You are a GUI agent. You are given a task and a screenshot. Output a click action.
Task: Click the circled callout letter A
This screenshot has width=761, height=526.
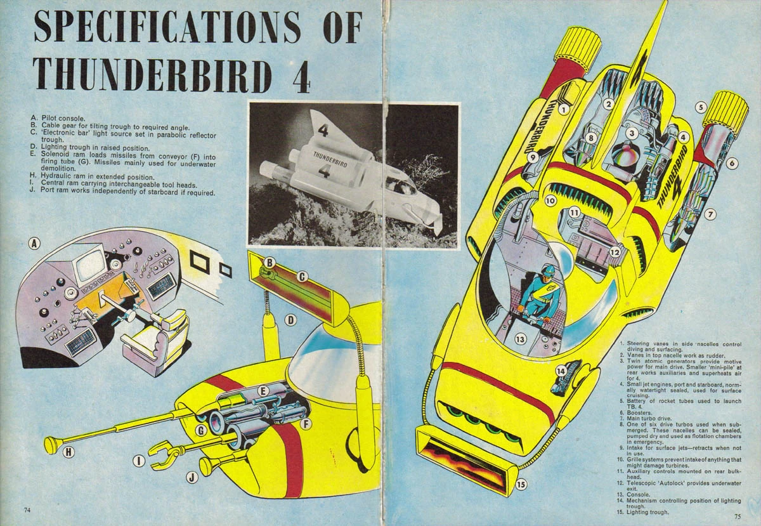[35, 242]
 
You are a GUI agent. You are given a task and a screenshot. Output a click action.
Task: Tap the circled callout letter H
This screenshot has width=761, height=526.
[68, 452]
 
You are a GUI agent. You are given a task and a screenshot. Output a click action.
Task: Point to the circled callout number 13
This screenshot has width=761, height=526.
[521, 339]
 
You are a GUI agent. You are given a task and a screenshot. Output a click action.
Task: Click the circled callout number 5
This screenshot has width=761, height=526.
[701, 107]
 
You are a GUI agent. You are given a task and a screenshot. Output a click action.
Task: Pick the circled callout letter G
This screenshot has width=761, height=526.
[201, 431]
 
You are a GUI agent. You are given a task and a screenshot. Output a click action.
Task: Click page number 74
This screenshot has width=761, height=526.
[27, 510]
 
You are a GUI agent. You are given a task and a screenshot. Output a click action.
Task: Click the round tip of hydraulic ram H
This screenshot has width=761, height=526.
[50, 445]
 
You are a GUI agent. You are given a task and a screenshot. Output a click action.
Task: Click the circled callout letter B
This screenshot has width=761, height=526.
[269, 262]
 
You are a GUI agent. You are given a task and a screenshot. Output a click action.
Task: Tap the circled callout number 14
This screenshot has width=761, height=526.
[561, 371]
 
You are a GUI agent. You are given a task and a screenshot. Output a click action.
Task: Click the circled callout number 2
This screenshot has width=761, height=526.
[608, 104]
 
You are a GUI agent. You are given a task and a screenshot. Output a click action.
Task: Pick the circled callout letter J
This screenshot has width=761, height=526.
[192, 477]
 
